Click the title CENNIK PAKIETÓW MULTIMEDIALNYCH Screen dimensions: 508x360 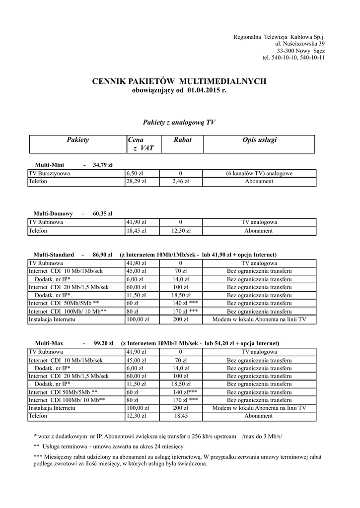(180, 81)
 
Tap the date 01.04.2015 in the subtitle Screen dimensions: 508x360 (203, 90)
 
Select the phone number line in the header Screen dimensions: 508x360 (293, 58)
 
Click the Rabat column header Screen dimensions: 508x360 (182, 140)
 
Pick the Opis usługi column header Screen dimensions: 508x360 (259, 140)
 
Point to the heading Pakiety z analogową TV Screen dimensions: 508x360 (179, 122)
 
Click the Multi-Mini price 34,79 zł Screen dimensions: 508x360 (103, 165)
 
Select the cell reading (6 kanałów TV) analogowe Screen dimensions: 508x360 (259, 174)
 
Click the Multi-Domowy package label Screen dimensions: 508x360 (53, 214)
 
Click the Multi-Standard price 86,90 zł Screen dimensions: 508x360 (102, 254)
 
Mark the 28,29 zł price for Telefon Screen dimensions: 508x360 (136, 182)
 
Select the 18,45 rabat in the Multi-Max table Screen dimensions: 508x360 (180, 416)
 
